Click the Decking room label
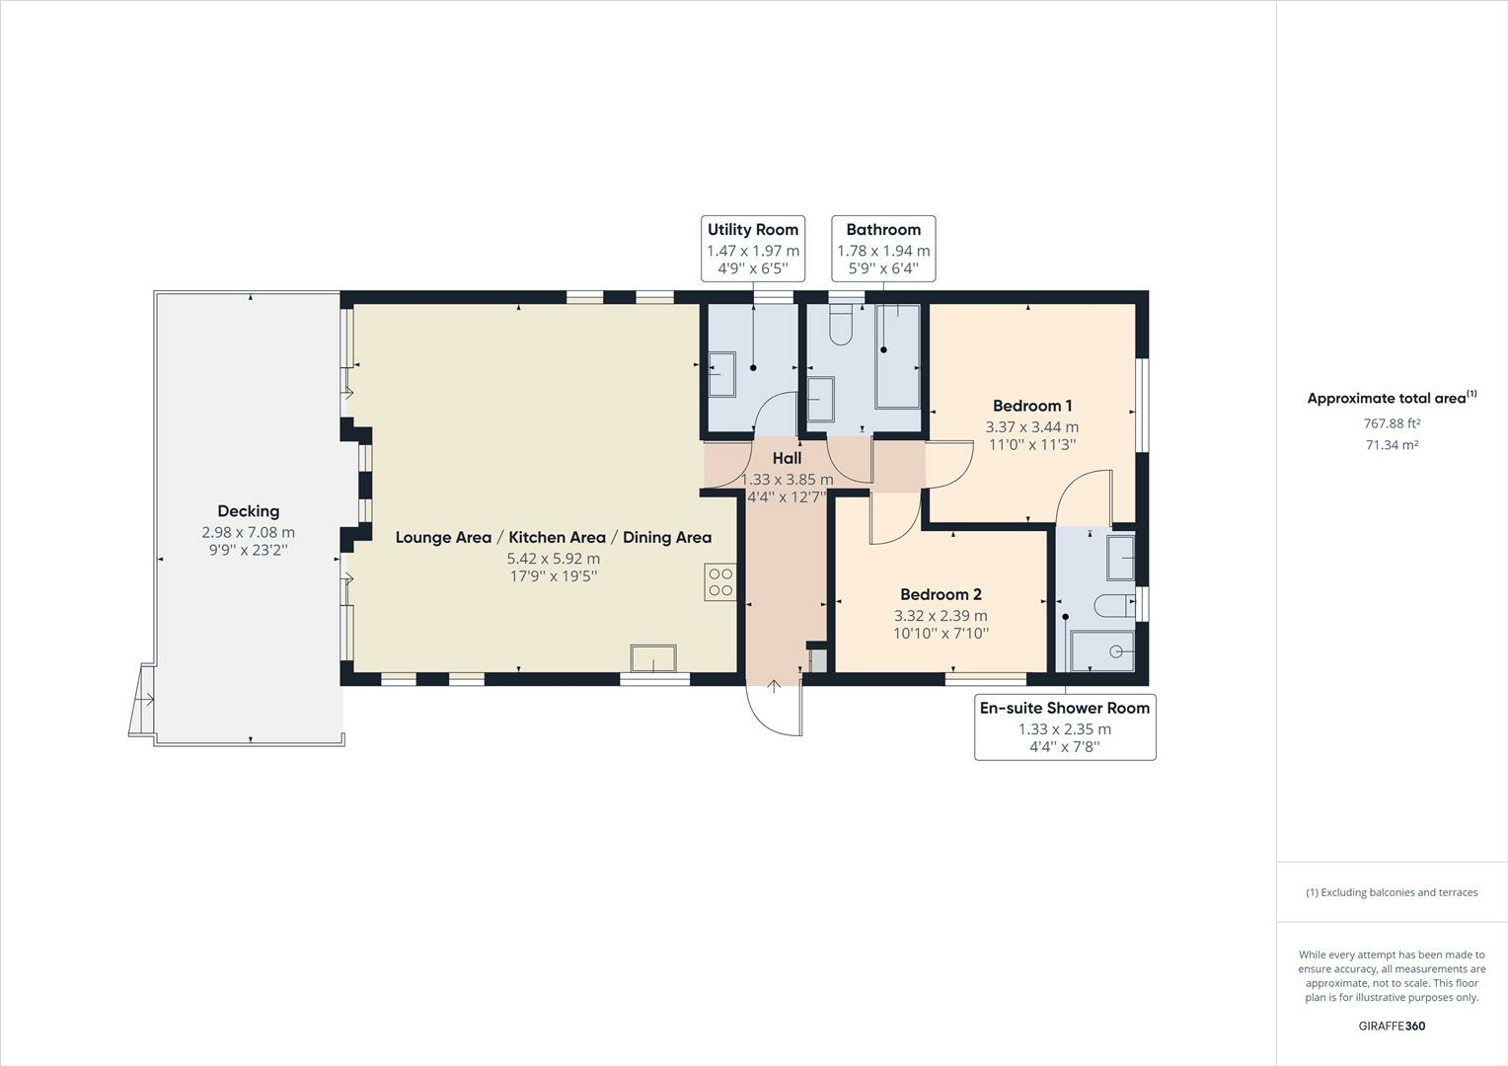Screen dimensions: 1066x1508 pos(248,511)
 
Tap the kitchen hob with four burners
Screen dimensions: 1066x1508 pos(719,582)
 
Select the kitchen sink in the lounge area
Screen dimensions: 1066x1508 pos(653,658)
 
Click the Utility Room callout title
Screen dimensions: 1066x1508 pos(752,230)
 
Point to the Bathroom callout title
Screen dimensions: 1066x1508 pos(883,230)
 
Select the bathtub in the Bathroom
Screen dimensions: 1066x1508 pos(897,356)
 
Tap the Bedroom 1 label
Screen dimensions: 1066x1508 pos(1031,406)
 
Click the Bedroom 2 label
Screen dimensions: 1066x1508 pos(941,594)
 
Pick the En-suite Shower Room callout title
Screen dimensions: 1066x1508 pos(1064,708)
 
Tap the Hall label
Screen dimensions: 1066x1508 pos(787,458)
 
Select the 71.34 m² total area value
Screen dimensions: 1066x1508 pos(1392,445)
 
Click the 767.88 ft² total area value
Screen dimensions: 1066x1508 pos(1392,423)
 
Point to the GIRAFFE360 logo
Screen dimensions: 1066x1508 pos(1392,1026)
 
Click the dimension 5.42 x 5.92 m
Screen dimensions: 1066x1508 pos(553,558)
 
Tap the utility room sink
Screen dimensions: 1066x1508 pos(721,374)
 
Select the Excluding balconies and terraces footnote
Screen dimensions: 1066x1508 pos(1392,892)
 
